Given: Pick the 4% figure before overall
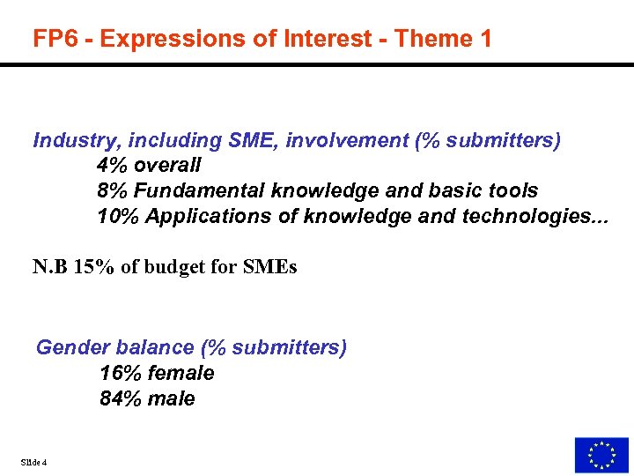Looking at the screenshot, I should [x=113, y=165].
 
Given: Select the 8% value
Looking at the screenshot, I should [x=113, y=190].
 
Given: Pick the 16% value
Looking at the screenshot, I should [x=118, y=373].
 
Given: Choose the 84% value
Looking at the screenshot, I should [x=118, y=398].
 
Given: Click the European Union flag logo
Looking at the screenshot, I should [x=601, y=454].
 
